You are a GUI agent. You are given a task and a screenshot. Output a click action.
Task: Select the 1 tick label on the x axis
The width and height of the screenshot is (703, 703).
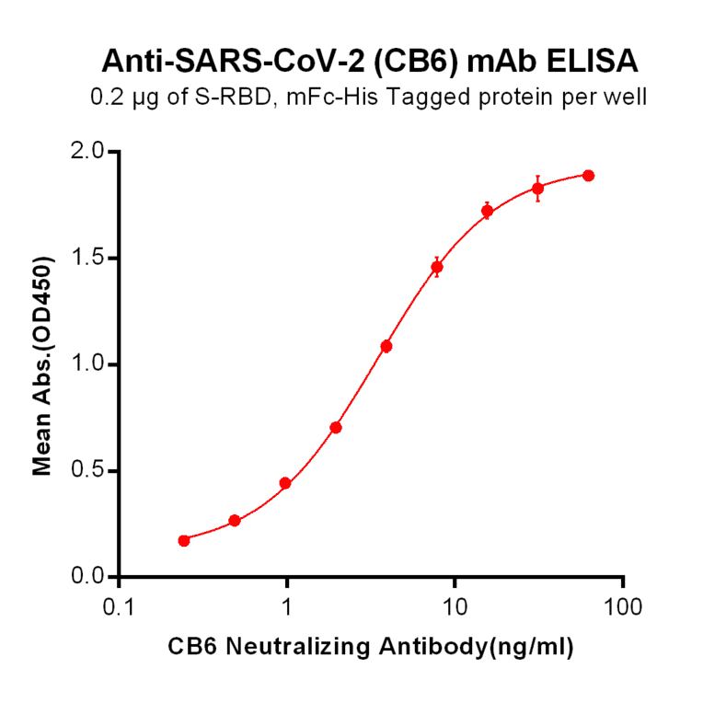click(287, 608)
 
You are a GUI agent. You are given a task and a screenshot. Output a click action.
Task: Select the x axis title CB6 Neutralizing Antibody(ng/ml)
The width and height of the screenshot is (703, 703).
click(371, 647)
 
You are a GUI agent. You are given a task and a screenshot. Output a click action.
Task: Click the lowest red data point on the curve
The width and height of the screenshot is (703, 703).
click(184, 540)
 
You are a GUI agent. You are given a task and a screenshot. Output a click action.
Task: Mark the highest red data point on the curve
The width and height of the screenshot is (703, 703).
click(588, 175)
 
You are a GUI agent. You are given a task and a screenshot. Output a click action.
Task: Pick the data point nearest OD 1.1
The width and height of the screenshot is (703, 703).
click(386, 346)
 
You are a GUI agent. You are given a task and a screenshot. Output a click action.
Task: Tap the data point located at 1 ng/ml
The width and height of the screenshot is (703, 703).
click(285, 483)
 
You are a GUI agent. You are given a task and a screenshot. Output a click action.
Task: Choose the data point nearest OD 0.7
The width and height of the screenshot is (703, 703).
click(336, 427)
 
